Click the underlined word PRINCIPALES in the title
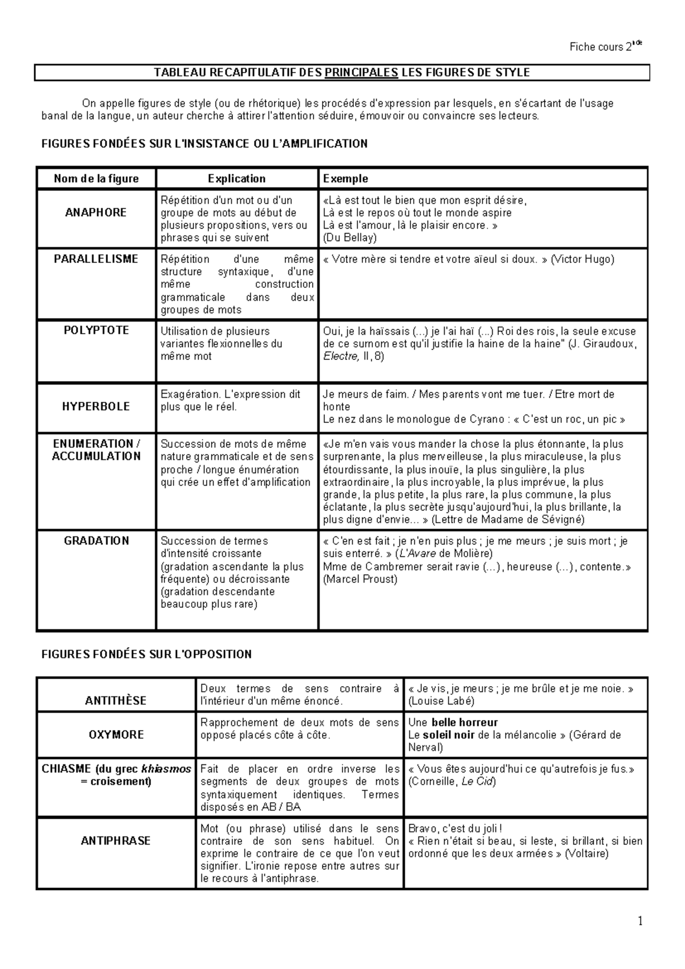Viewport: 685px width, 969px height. tap(361, 73)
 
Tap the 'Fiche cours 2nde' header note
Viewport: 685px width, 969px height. tap(605, 47)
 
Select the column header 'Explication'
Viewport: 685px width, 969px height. tap(236, 179)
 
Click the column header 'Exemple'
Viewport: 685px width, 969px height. tap(345, 179)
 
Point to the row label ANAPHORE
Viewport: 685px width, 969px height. tap(96, 213)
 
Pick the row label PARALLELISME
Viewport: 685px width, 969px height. tap(96, 259)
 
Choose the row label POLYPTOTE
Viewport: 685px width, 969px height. tap(96, 330)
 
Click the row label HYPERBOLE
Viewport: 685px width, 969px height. tap(96, 406)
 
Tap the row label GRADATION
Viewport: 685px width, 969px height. tap(96, 540)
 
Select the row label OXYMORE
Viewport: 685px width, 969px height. tap(116, 735)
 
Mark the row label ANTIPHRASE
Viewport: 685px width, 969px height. tap(116, 840)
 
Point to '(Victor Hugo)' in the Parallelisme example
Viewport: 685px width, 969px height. tap(582, 259)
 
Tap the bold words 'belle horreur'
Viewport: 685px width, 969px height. tap(465, 723)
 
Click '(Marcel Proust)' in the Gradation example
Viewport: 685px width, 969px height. tap(360, 579)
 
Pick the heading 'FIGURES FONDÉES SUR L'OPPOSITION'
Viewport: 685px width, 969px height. tap(147, 654)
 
